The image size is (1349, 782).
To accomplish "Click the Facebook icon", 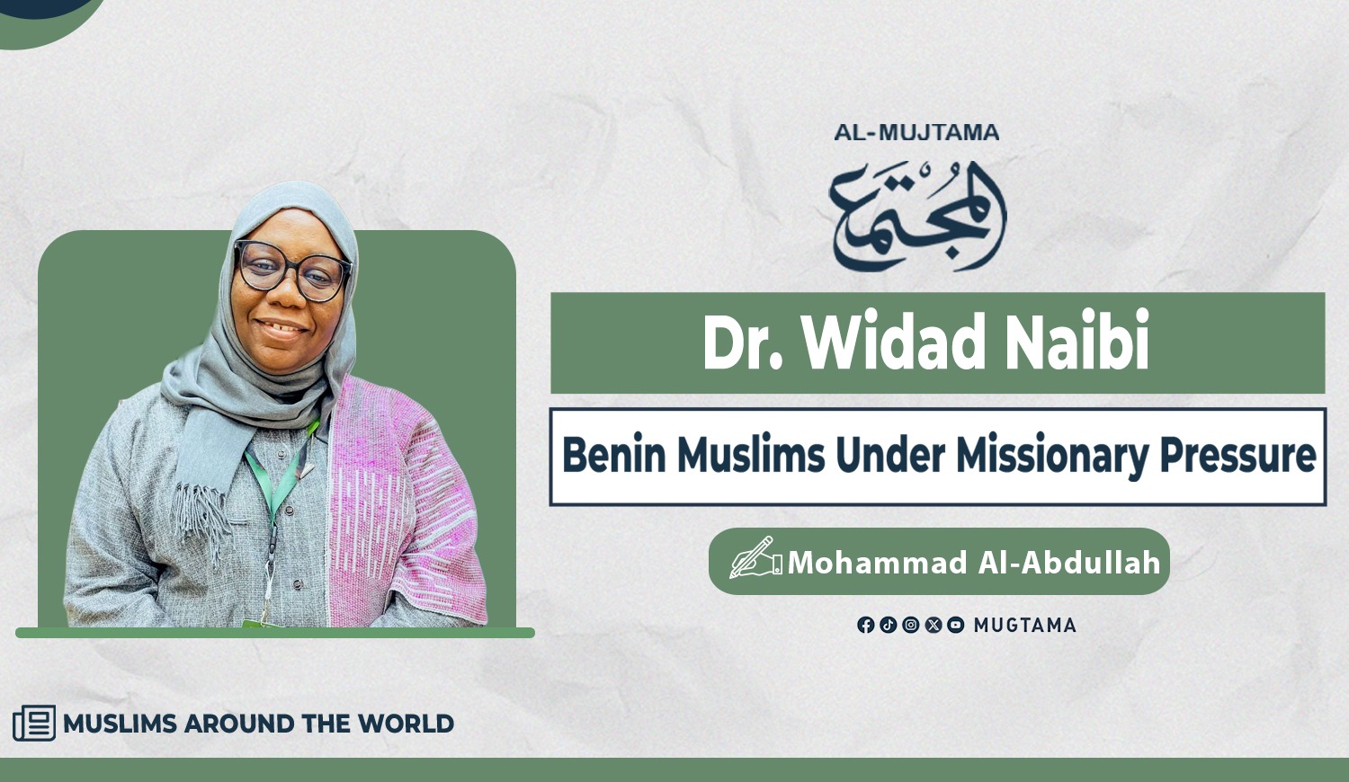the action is (865, 625).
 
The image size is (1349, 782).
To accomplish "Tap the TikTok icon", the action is (889, 625).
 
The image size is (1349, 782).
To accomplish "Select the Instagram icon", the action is (910, 625).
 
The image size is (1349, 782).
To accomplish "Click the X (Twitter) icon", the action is (933, 625).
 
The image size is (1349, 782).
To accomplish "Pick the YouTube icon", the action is (956, 625).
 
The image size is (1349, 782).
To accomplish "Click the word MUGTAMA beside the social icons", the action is (1025, 626).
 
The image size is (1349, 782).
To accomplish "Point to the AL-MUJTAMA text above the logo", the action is (916, 132).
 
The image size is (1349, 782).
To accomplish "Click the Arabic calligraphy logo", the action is (917, 217).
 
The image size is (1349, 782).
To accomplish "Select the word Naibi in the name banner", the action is (1077, 341).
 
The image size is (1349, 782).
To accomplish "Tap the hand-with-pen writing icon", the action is (755, 557).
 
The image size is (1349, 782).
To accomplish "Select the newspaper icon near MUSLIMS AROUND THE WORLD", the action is (34, 723).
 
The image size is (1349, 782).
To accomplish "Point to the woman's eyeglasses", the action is (292, 271).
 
